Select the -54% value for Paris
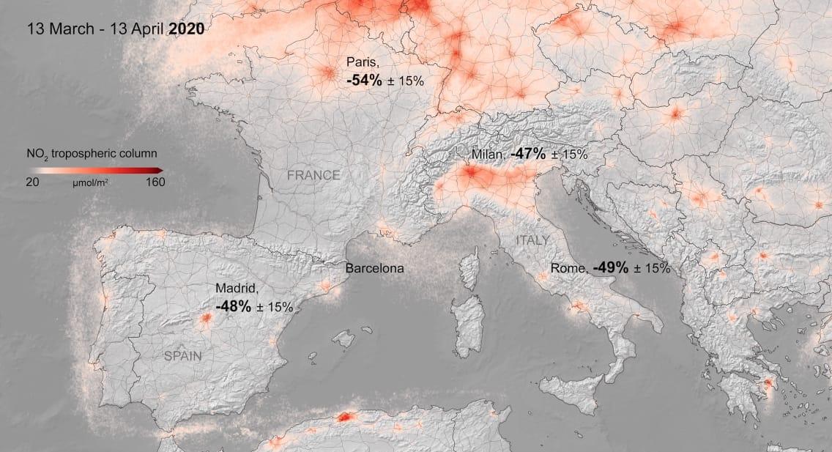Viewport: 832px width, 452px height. click(x=364, y=81)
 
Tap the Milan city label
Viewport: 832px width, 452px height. click(x=487, y=155)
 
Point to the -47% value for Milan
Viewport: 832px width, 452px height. click(x=528, y=155)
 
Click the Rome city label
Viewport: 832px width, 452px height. click(x=568, y=269)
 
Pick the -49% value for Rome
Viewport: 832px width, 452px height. click(x=610, y=268)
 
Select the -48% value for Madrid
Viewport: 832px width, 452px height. click(x=233, y=306)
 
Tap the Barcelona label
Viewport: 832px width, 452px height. click(x=374, y=268)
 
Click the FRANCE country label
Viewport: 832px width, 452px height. click(x=313, y=175)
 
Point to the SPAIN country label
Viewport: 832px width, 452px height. click(x=183, y=356)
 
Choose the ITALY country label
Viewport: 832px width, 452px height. click(x=532, y=240)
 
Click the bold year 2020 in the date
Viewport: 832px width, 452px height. click(x=186, y=29)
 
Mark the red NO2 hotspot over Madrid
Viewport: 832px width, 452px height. click(x=206, y=318)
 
